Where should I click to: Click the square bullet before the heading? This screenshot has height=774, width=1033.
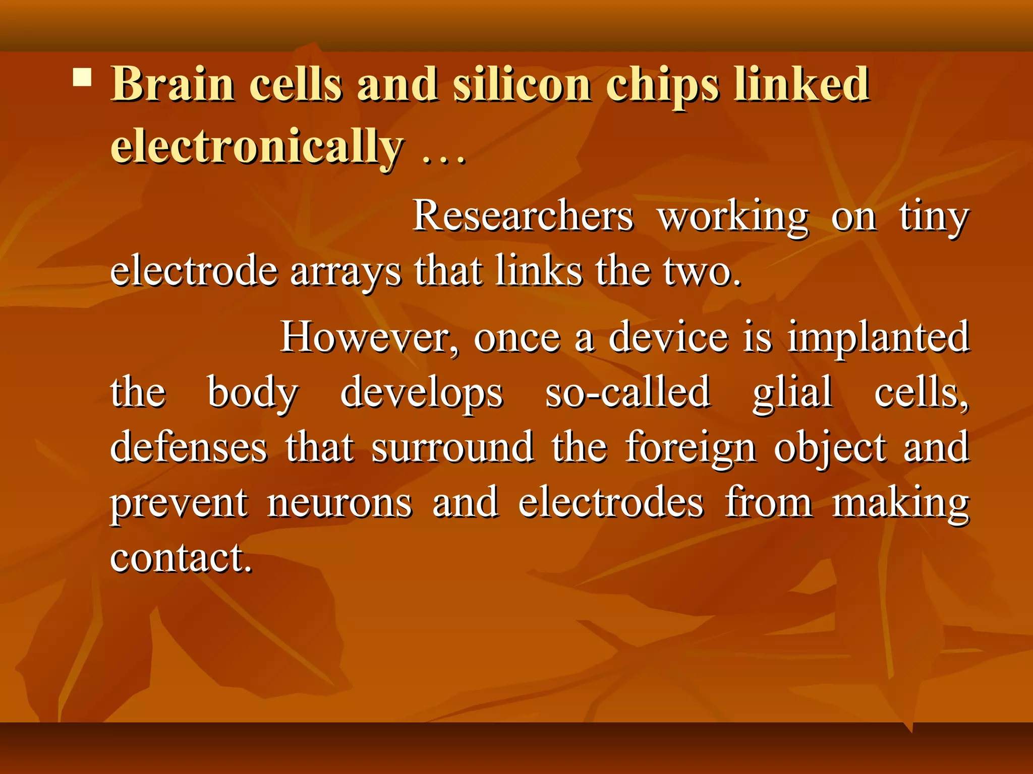[x=82, y=78]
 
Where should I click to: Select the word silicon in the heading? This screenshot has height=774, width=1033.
[x=522, y=84]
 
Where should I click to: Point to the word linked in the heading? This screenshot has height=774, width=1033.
[x=801, y=84]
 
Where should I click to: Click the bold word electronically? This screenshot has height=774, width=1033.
[x=257, y=146]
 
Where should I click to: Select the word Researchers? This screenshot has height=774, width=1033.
[x=523, y=216]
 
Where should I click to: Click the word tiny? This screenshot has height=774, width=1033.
[x=934, y=218]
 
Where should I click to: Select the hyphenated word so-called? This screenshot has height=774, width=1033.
[x=628, y=392]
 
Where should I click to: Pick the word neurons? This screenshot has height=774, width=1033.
[x=339, y=503]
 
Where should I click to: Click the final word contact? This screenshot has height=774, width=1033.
[x=181, y=558]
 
